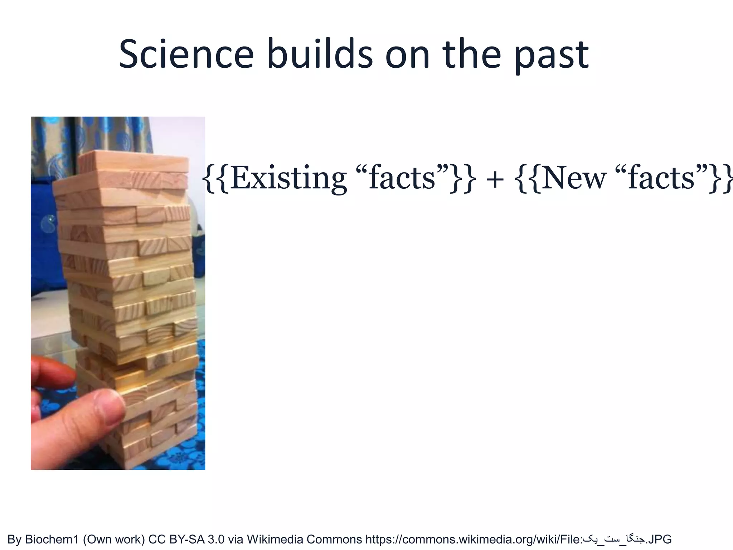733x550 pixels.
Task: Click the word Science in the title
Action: click(x=186, y=55)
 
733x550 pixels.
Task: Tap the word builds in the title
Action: click(x=320, y=55)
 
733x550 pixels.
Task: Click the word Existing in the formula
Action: click(x=288, y=178)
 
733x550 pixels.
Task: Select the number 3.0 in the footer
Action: click(x=217, y=539)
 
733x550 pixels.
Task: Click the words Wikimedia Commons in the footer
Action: click(x=304, y=539)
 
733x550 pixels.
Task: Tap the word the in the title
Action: click(x=471, y=55)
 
